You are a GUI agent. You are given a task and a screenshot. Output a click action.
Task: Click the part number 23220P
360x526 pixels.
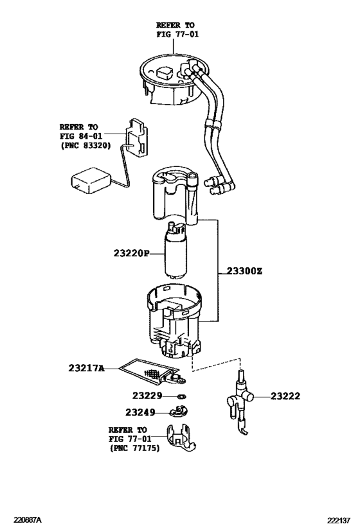128,253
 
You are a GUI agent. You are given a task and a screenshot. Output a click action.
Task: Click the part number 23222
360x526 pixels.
285,397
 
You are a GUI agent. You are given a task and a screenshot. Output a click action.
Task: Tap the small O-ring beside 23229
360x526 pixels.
181,397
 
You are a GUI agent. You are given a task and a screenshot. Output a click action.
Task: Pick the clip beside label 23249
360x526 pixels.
181,412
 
